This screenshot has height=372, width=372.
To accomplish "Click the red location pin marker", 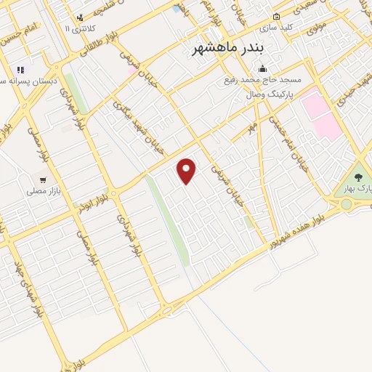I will [x=187, y=171].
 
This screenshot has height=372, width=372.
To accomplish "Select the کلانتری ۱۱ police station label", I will [x=78, y=28].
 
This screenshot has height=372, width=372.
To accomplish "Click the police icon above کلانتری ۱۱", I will [x=80, y=17].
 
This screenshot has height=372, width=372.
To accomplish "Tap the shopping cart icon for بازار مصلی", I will [x=44, y=179].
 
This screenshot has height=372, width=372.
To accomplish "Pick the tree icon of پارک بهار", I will [x=357, y=177].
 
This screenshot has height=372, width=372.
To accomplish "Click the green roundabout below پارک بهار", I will [x=346, y=204].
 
